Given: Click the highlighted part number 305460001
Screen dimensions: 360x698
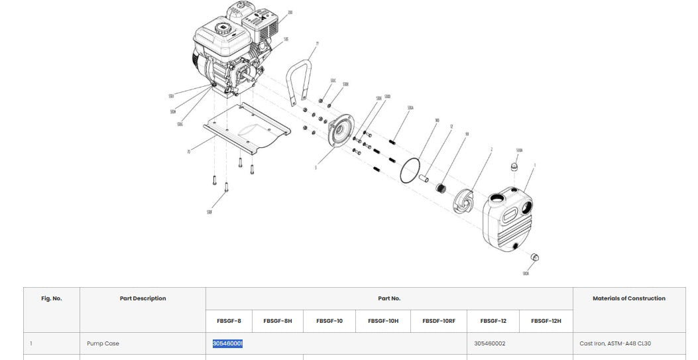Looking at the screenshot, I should pyautogui.click(x=227, y=343).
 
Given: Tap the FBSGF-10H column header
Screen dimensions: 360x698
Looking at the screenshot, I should pyautogui.click(x=383, y=321).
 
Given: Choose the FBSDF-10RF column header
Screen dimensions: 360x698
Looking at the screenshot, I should pyautogui.click(x=439, y=321).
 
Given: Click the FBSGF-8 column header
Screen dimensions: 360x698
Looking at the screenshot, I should pyautogui.click(x=229, y=321).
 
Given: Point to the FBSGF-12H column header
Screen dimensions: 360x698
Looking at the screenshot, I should pyautogui.click(x=546, y=321).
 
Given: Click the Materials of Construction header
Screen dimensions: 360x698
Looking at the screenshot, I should pyautogui.click(x=628, y=298).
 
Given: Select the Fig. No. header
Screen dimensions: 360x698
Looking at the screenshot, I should pyautogui.click(x=51, y=298).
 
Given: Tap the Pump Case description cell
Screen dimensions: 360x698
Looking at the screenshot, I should pyautogui.click(x=103, y=343).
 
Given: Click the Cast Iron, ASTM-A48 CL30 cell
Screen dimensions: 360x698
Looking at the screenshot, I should pyautogui.click(x=615, y=343).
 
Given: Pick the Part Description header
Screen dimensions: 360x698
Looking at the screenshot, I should pyautogui.click(x=143, y=298).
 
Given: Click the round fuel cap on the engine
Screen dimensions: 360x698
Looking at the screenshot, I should pyautogui.click(x=221, y=29).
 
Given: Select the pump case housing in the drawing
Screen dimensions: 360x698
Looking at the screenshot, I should pyautogui.click(x=508, y=221).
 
